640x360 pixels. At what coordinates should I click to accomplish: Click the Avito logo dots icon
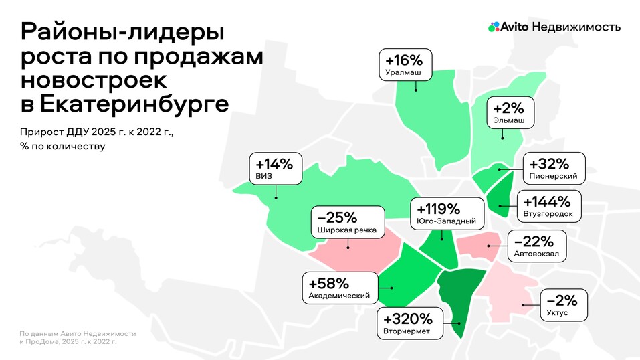[x=494, y=27]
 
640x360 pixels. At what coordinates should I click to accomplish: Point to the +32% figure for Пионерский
[x=548, y=164]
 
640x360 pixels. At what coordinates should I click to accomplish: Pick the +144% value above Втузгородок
[x=547, y=201]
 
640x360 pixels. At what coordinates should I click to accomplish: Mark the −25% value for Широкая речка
[x=337, y=217]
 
